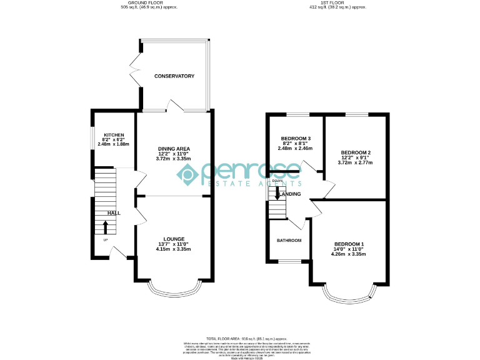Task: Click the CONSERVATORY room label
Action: [x=174, y=76]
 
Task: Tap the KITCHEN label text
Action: [x=114, y=135]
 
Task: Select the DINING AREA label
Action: [x=173, y=149]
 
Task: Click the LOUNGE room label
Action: [x=173, y=239]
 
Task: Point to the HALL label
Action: [x=114, y=213]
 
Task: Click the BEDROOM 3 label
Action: [x=296, y=138]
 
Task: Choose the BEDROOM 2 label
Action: [x=356, y=152]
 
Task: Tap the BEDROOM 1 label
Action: [x=349, y=244]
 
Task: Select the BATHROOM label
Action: [x=289, y=241]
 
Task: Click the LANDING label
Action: [x=291, y=194]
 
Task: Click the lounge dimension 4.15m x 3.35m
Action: [x=173, y=249]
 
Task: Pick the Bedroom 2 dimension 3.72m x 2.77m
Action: [x=356, y=162]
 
